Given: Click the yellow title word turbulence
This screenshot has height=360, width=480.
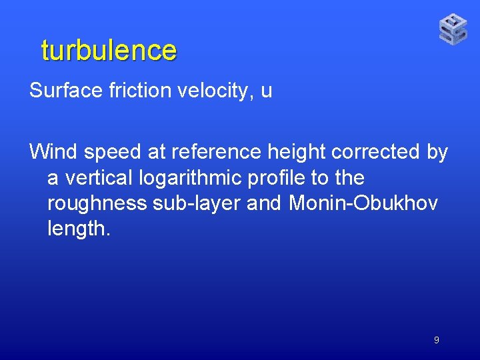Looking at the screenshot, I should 109,51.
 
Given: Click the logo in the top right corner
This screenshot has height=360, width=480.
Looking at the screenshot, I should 453,29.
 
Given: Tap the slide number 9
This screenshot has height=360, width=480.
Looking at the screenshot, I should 436,340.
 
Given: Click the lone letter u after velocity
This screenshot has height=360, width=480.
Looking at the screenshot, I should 267,92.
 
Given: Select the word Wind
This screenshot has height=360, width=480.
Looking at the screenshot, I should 53,152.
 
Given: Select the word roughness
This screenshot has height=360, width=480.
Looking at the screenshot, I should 97,204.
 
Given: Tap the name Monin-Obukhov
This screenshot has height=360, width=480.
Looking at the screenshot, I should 363,203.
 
